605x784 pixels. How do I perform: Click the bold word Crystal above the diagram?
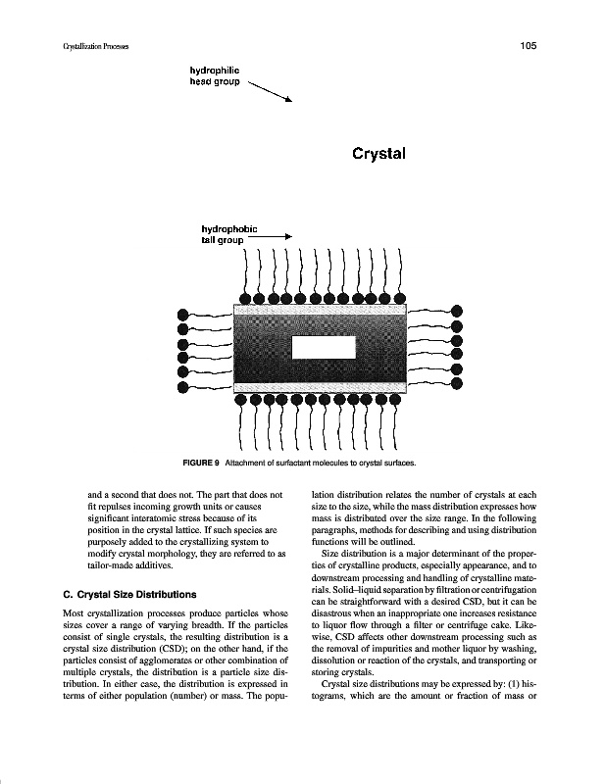[378, 153]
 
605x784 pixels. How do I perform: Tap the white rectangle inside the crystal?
[324, 348]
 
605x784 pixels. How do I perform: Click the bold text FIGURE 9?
[199, 462]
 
